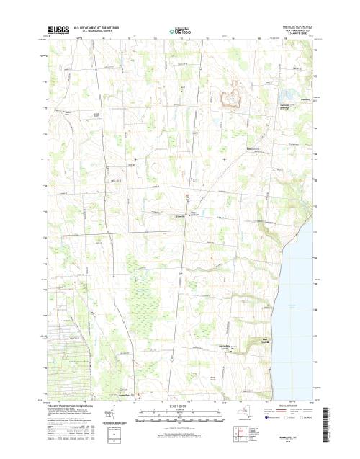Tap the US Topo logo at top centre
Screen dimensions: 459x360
(x=179, y=32)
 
